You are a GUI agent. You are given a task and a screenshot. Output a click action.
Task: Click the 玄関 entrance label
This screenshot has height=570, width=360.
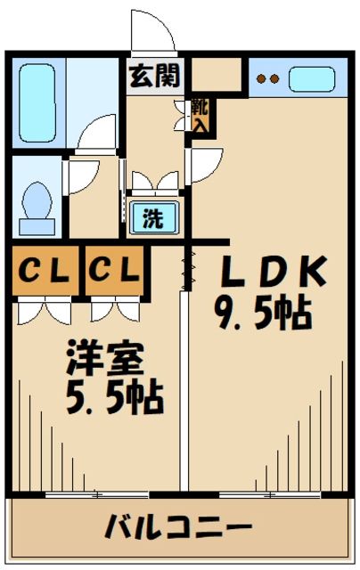pyautogui.click(x=154, y=77)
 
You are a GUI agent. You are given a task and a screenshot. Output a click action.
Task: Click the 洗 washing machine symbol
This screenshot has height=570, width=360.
pyautogui.click(x=153, y=218)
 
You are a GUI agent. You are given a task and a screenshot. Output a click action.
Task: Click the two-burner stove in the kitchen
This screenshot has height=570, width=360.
pyautogui.click(x=268, y=78)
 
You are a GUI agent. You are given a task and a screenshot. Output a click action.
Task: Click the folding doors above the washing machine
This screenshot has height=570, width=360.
pyautogui.click(x=153, y=182)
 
